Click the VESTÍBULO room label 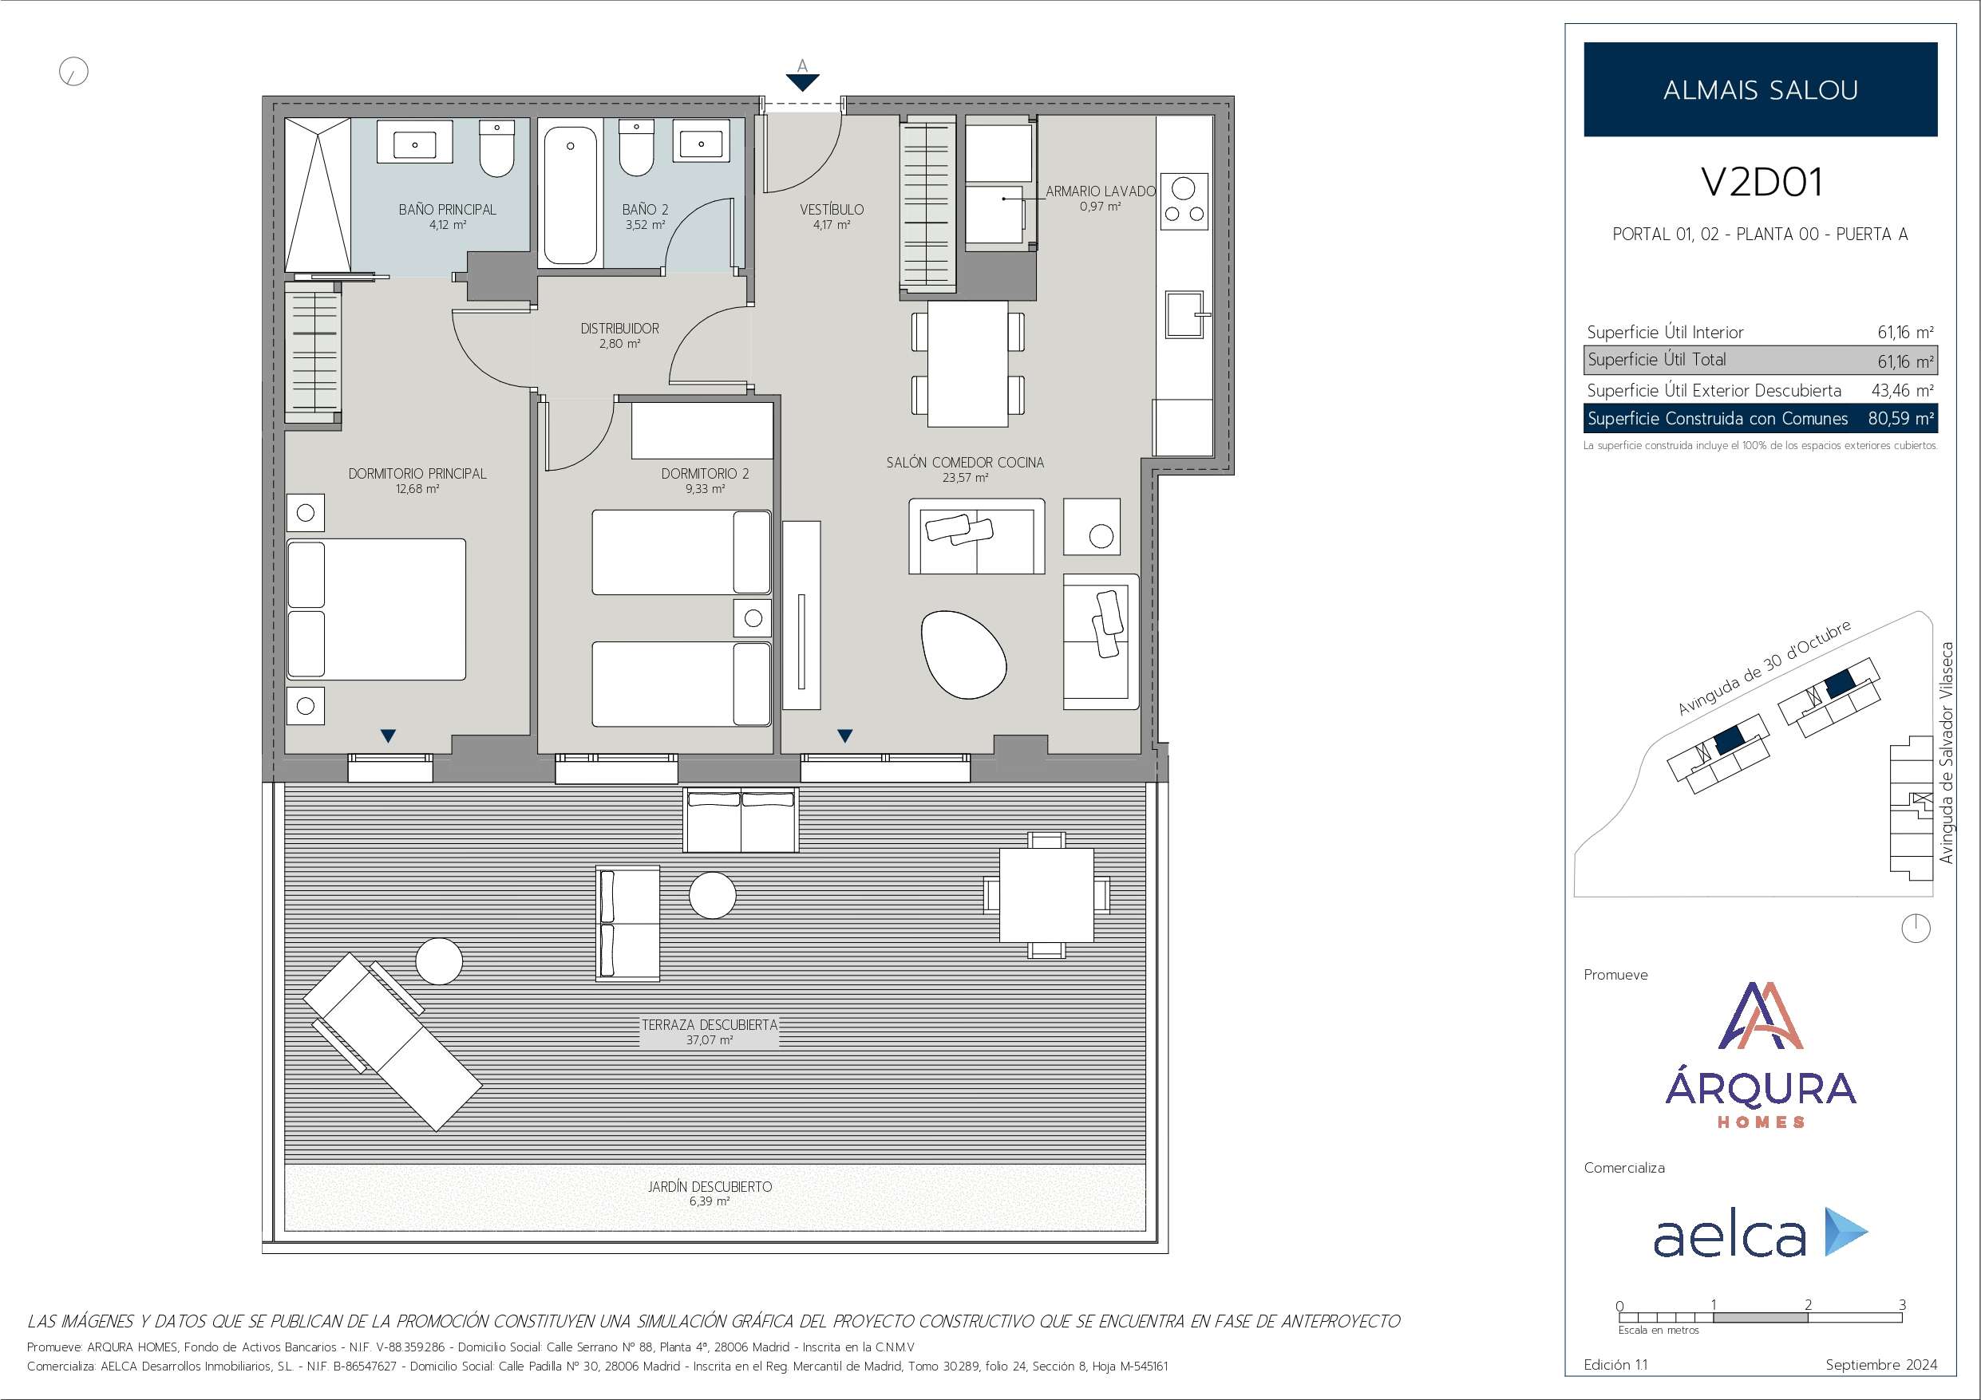pyautogui.click(x=831, y=210)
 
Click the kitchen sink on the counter pyautogui.click(x=1184, y=314)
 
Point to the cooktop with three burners pyautogui.click(x=1184, y=202)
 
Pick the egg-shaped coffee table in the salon pyautogui.click(x=963, y=655)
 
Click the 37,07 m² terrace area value pyautogui.click(x=710, y=1040)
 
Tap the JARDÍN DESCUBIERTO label pyautogui.click(x=710, y=1186)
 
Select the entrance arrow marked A pyautogui.click(x=802, y=82)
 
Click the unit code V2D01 pyautogui.click(x=1761, y=182)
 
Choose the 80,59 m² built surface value pyautogui.click(x=1900, y=418)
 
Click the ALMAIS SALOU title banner pyautogui.click(x=1760, y=89)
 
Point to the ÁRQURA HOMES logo pyautogui.click(x=1760, y=1054)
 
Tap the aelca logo pyautogui.click(x=1760, y=1232)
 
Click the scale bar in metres pyautogui.click(x=1760, y=1317)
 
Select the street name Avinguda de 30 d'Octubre pyautogui.click(x=1764, y=668)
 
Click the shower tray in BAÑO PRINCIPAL pyautogui.click(x=318, y=195)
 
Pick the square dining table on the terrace pyautogui.click(x=1046, y=894)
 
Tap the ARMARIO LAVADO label pyautogui.click(x=1100, y=191)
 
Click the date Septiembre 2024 pyautogui.click(x=1881, y=1365)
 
